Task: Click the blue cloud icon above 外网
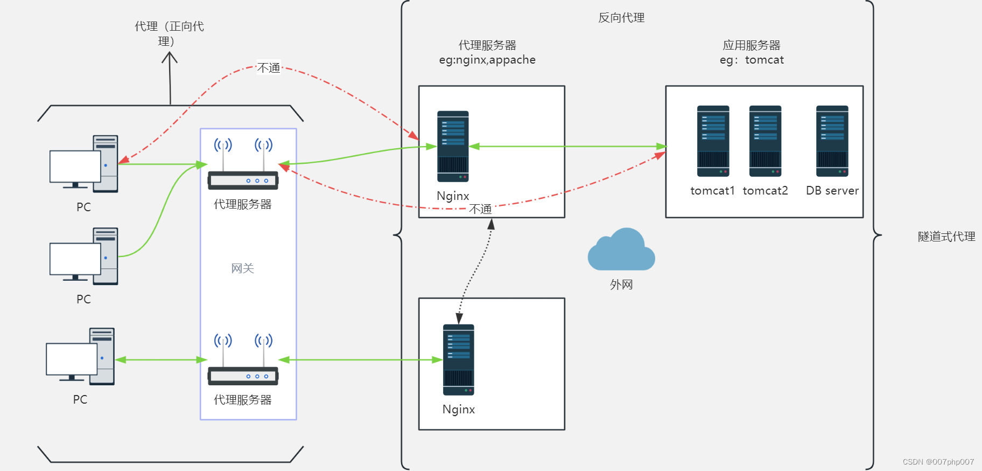(x=621, y=251)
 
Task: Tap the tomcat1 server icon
(x=713, y=141)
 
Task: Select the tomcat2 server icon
(x=765, y=141)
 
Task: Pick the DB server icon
(x=832, y=141)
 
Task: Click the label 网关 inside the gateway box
(x=242, y=268)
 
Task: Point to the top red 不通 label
(x=269, y=68)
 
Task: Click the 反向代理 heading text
(x=621, y=18)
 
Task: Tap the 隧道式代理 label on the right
(x=946, y=237)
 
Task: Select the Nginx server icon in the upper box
(x=453, y=147)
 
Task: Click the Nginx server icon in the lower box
(x=458, y=360)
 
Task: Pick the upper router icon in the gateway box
(x=243, y=164)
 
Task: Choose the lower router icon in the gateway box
(x=243, y=360)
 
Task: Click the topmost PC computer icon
(x=84, y=164)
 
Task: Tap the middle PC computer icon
(x=84, y=257)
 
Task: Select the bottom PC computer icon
(x=81, y=357)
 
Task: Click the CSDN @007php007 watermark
(x=938, y=462)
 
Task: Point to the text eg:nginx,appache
(x=487, y=60)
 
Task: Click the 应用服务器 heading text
(x=751, y=45)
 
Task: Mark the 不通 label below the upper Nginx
(x=480, y=209)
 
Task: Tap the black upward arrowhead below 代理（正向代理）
(x=170, y=57)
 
